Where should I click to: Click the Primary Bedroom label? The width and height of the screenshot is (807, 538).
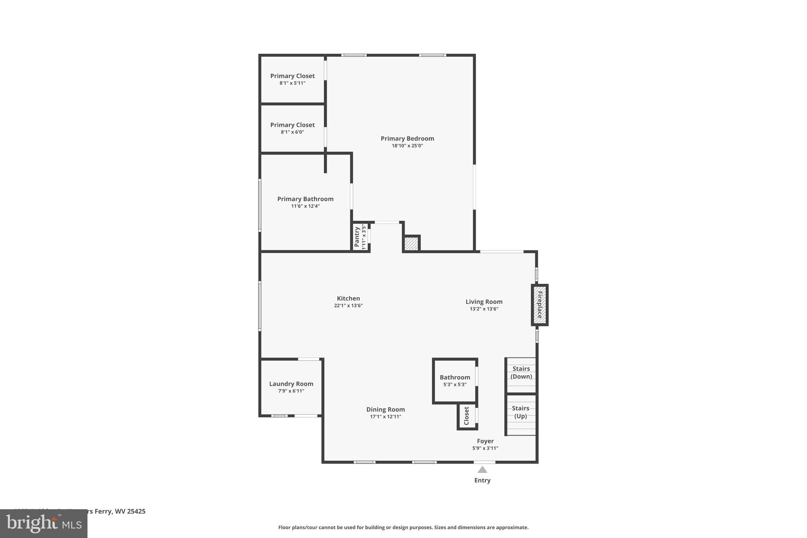point(407,138)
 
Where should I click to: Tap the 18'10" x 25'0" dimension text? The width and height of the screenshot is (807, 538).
point(407,146)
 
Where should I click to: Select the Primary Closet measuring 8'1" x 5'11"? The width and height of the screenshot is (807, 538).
point(292,79)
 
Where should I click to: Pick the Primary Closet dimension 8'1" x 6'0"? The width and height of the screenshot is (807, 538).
point(292,132)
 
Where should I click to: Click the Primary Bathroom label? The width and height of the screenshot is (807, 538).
point(305,199)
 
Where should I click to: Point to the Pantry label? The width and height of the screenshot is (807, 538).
point(357,237)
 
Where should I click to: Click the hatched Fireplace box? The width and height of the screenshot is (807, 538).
point(539,305)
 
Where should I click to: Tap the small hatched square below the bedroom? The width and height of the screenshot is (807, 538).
point(411,243)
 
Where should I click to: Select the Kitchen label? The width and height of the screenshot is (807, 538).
point(348,298)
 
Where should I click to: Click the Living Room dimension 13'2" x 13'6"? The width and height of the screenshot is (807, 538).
point(484,309)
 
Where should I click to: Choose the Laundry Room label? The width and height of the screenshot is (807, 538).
point(291,384)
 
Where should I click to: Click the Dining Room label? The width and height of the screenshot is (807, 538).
point(385,410)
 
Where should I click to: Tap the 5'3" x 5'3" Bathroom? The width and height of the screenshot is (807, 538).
point(455,381)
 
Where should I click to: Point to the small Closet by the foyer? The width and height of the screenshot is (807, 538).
point(467,416)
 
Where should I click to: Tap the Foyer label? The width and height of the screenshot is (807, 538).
point(485,441)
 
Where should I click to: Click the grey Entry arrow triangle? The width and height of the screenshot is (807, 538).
point(482,470)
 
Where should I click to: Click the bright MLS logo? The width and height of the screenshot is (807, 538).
point(44,524)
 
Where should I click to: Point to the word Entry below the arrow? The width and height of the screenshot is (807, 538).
point(482,480)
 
